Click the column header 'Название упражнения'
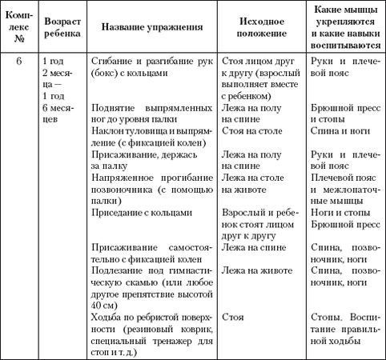pyautogui.click(x=150, y=27)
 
